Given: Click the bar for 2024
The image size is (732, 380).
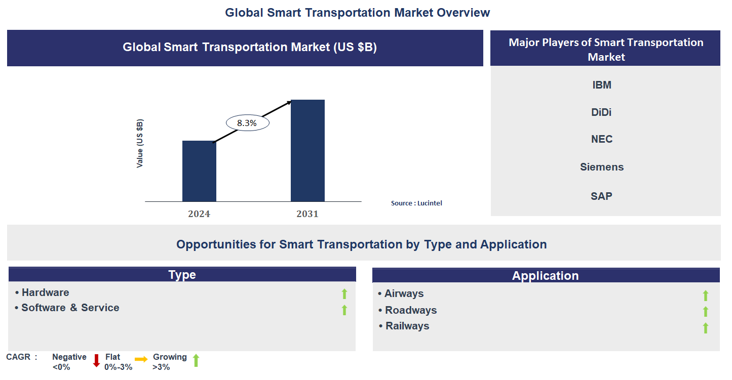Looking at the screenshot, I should [199, 171].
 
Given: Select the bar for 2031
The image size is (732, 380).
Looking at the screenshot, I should [307, 150].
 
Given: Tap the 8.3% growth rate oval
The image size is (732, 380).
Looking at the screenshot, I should [247, 122].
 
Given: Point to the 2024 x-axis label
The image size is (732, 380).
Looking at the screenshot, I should [199, 214].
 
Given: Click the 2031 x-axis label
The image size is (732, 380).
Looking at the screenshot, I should [307, 214].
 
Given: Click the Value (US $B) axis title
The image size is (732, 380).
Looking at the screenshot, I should [140, 144].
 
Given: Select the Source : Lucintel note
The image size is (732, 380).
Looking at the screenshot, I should [416, 203].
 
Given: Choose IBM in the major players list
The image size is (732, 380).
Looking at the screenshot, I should [602, 85].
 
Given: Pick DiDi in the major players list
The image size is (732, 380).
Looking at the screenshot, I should [601, 112].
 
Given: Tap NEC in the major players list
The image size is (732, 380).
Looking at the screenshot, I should [602, 139].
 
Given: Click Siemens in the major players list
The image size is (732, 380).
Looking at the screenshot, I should [602, 167].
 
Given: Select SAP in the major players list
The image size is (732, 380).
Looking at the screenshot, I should [601, 196].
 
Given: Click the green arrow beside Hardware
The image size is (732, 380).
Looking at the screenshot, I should [344, 293].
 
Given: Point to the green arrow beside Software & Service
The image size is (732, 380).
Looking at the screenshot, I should [344, 310].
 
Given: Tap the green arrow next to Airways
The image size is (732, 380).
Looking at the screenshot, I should [705, 295].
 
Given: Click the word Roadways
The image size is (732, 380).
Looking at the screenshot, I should [411, 310].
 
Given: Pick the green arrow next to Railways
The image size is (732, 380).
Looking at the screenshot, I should [705, 328].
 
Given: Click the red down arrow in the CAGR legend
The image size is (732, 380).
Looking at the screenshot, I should [96, 361].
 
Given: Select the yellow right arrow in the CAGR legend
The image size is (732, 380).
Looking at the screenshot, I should [141, 359].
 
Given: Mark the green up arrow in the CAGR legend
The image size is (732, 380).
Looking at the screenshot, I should [196, 361].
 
